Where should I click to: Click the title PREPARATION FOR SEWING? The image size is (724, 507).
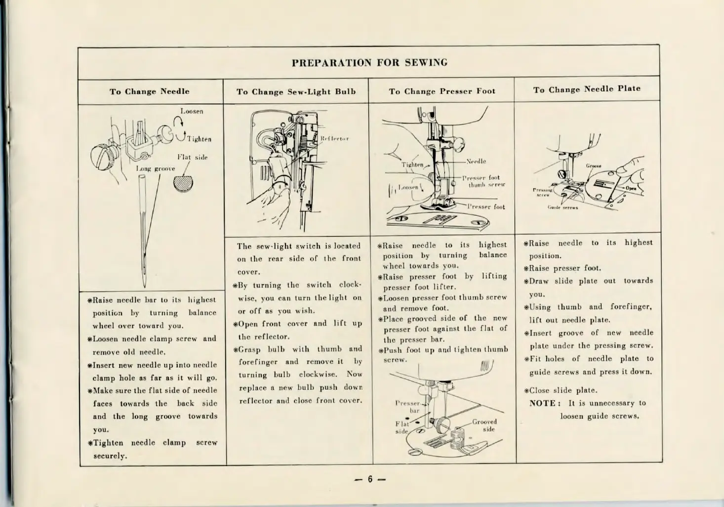tap(369, 63)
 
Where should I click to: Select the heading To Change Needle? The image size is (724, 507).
tap(149, 91)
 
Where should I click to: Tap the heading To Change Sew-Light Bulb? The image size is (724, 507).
tap(296, 92)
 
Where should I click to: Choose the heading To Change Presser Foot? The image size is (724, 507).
tap(442, 91)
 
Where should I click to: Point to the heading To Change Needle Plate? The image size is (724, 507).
tap(586, 89)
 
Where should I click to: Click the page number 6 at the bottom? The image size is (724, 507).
tap(370, 479)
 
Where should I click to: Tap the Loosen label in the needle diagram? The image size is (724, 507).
tap(192, 111)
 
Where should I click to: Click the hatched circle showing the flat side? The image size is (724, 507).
tap(183, 182)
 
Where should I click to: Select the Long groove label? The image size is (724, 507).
tap(155, 169)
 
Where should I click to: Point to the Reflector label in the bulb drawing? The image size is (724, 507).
tap(334, 138)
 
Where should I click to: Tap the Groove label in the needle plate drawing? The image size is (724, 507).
tap(593, 166)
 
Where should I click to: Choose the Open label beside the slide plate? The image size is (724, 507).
tap(631, 188)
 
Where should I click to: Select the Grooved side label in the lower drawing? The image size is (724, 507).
tap(484, 425)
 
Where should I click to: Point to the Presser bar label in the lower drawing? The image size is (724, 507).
tap(408, 407)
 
